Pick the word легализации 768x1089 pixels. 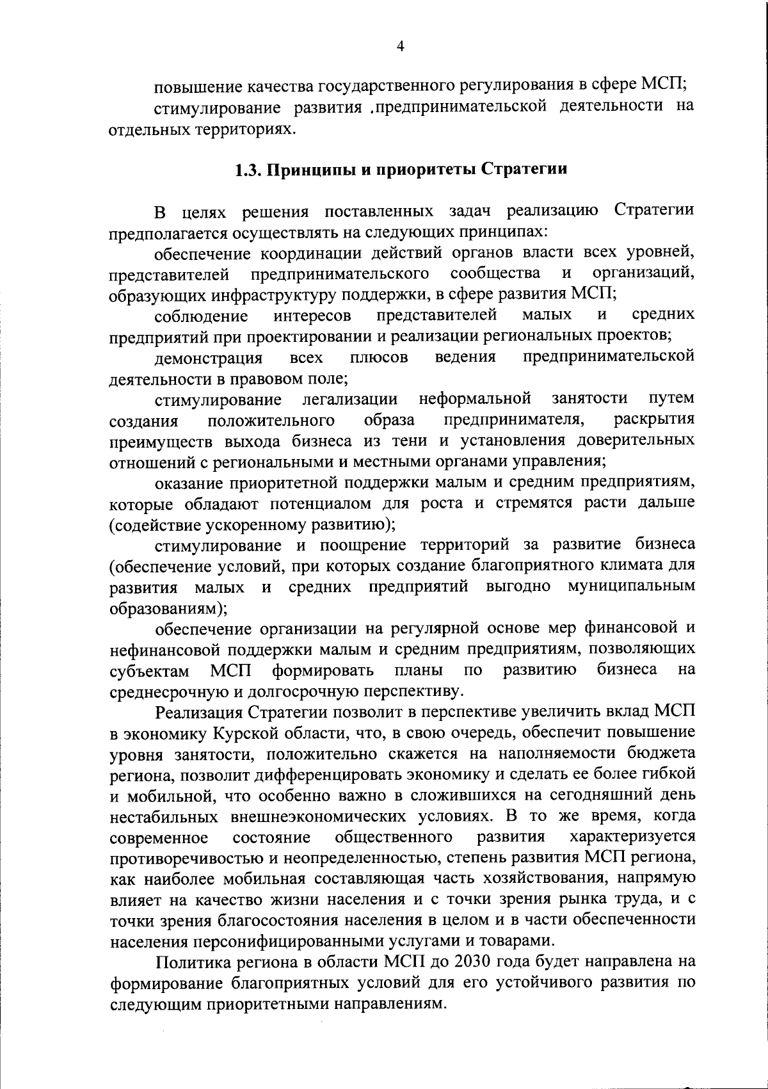(349, 399)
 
